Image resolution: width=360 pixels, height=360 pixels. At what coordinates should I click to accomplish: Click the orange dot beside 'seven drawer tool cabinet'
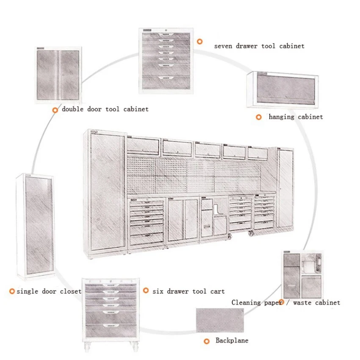(x=199, y=42)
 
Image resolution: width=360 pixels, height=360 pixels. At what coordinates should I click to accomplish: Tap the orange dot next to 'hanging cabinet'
(x=258, y=117)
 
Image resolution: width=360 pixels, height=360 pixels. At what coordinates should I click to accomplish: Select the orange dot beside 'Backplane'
(x=207, y=341)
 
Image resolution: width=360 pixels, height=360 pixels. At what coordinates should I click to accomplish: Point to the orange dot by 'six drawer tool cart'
(x=146, y=291)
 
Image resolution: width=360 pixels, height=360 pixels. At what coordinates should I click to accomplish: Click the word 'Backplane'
(x=232, y=341)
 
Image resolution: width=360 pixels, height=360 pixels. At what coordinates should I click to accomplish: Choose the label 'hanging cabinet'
(x=296, y=117)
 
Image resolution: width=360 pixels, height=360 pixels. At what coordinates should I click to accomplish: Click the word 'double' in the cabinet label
(x=72, y=109)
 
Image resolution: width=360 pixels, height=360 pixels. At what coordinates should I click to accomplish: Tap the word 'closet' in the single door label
(x=70, y=291)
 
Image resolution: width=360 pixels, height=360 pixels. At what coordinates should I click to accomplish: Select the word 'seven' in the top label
(x=223, y=46)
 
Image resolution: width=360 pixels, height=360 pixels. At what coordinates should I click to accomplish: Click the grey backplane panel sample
(x=220, y=320)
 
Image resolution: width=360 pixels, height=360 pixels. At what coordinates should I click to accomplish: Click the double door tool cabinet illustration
(x=58, y=75)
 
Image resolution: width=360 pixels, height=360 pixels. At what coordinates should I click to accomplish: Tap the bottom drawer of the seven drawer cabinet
(x=166, y=79)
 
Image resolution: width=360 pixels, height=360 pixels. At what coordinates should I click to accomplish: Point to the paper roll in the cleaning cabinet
(x=311, y=266)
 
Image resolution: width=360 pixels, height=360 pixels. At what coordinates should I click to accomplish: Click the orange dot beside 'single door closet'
(x=12, y=291)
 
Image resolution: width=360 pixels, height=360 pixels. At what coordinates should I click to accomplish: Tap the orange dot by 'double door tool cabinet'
(x=55, y=110)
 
